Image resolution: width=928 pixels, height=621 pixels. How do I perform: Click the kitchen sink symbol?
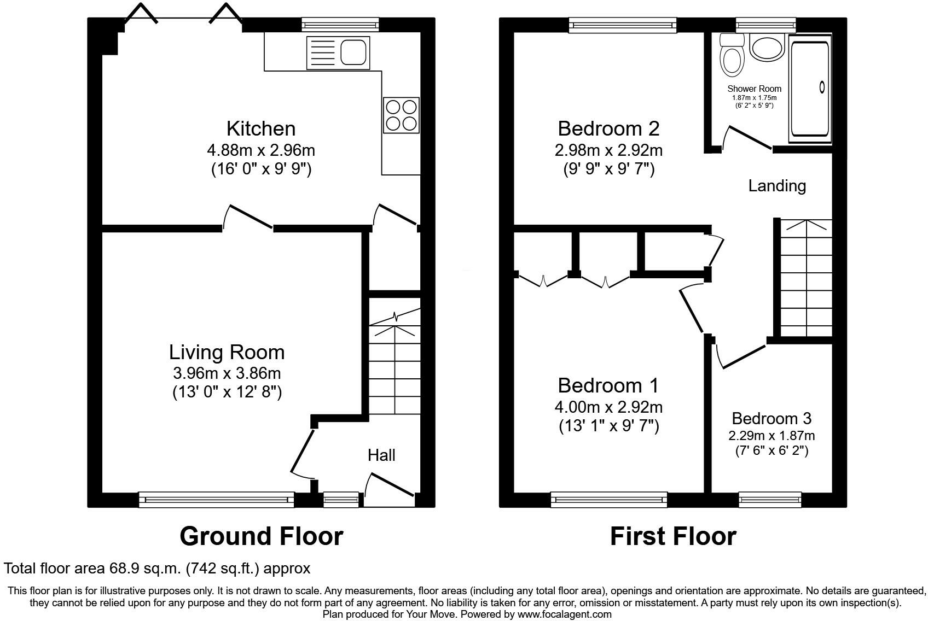point(338,50)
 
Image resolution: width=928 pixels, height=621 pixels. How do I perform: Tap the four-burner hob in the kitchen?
point(401,115)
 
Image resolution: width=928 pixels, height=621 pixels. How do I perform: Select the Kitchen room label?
point(261,128)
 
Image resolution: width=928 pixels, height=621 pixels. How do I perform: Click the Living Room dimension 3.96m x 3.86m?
point(227,373)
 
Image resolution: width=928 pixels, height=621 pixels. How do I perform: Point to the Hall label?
point(381,455)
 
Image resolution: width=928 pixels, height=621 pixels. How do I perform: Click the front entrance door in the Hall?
point(390,485)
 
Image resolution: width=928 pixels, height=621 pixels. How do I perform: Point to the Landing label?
point(777,186)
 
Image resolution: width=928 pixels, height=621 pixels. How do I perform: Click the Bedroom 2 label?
point(608,128)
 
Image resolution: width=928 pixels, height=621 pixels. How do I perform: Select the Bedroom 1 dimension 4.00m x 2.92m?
point(608,407)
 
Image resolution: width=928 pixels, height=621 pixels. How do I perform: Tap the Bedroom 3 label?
point(771,419)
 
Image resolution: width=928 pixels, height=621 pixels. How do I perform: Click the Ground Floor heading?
point(261,536)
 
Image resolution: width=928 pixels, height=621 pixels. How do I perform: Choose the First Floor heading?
point(672,536)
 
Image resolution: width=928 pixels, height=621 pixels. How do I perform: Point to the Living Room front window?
point(216,499)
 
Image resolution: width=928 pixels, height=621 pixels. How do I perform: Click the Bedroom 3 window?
point(770,499)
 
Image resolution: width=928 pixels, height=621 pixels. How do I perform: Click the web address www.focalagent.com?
point(565,614)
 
